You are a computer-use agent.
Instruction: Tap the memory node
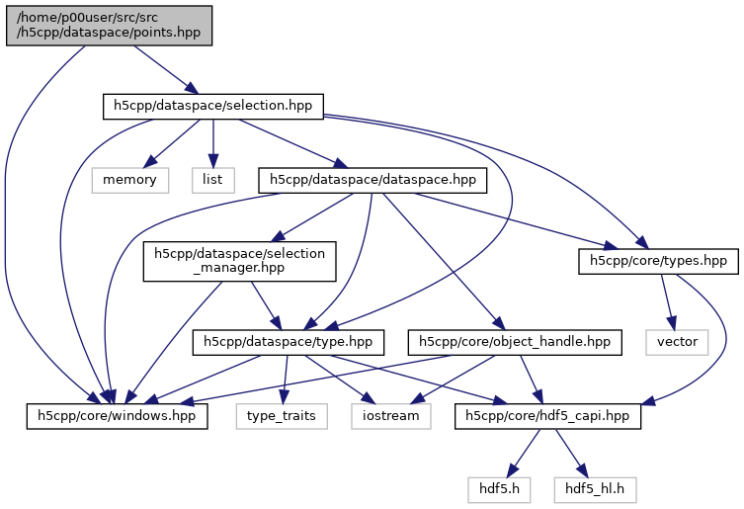point(129,179)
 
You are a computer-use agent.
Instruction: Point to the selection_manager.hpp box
point(239,261)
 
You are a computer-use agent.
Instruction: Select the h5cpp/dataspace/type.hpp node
point(288,342)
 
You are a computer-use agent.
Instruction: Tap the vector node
point(677,342)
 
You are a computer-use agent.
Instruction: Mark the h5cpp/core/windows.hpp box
point(117,416)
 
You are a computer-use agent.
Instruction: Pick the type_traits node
point(282,416)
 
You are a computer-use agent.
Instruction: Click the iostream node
point(390,416)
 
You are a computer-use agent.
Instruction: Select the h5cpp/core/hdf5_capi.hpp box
point(548,416)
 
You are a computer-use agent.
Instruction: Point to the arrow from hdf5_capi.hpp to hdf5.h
point(523,452)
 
